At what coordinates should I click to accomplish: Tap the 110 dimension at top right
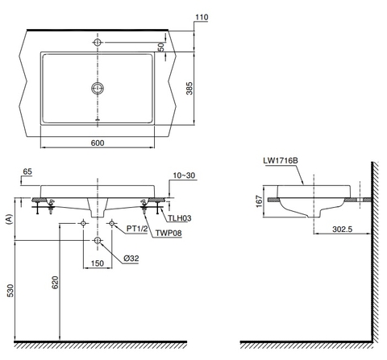tap(200, 16)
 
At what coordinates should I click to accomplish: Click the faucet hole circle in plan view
tap(98, 41)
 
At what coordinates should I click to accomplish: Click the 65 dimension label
tap(27, 172)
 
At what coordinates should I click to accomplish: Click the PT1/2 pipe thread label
tap(138, 229)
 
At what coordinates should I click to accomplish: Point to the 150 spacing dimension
tap(98, 263)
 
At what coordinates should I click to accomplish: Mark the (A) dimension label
tap(9, 217)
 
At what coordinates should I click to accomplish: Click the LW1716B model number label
tap(280, 160)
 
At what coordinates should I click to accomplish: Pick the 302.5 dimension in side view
tap(343, 229)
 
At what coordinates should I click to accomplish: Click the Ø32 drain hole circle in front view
tap(98, 241)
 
